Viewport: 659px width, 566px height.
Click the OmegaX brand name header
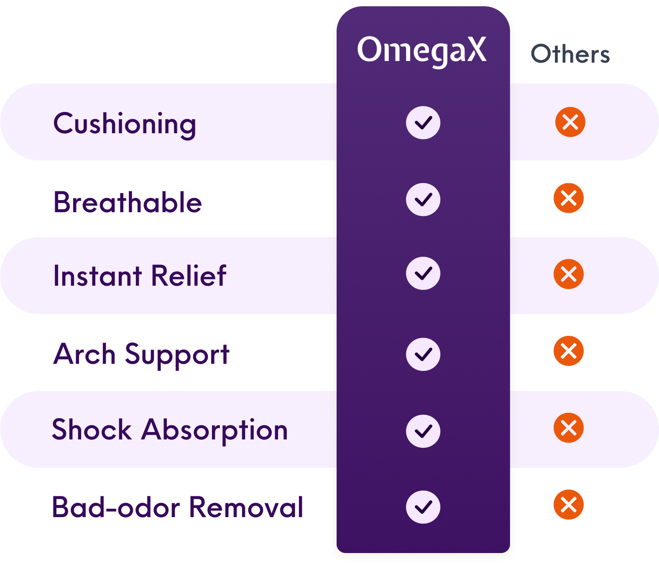422,50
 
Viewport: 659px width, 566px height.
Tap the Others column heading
570,54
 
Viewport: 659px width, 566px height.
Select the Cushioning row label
125,124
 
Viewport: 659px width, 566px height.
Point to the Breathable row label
128,202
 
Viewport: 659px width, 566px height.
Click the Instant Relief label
140,276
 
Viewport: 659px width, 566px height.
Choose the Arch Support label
141,354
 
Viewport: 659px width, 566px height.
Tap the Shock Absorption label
170,429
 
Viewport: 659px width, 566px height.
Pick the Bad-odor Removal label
177,507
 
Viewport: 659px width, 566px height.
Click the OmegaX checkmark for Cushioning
423,122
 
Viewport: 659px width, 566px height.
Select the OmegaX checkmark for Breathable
423,199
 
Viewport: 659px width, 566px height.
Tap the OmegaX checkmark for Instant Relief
423,273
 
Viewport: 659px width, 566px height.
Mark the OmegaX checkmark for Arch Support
423,354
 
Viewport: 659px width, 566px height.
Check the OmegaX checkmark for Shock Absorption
423,431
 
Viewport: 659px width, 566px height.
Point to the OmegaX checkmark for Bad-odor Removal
423,507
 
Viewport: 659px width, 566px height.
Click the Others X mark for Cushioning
570,122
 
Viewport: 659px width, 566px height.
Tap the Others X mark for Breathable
569,198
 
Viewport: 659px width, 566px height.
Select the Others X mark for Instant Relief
569,274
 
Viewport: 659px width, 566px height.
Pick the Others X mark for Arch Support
569,351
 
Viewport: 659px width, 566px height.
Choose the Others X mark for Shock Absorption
569,428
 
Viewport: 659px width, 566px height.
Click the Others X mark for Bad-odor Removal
569,505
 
